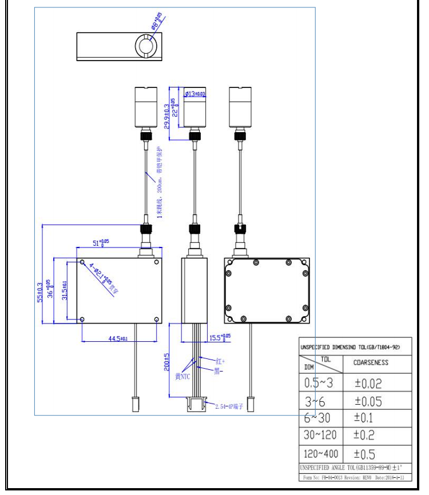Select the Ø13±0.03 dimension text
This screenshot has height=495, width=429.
[x=194, y=94]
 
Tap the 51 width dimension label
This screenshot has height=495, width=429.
[x=101, y=243]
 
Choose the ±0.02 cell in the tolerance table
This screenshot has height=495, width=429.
[x=370, y=383]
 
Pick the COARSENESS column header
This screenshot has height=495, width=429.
[x=370, y=362]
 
